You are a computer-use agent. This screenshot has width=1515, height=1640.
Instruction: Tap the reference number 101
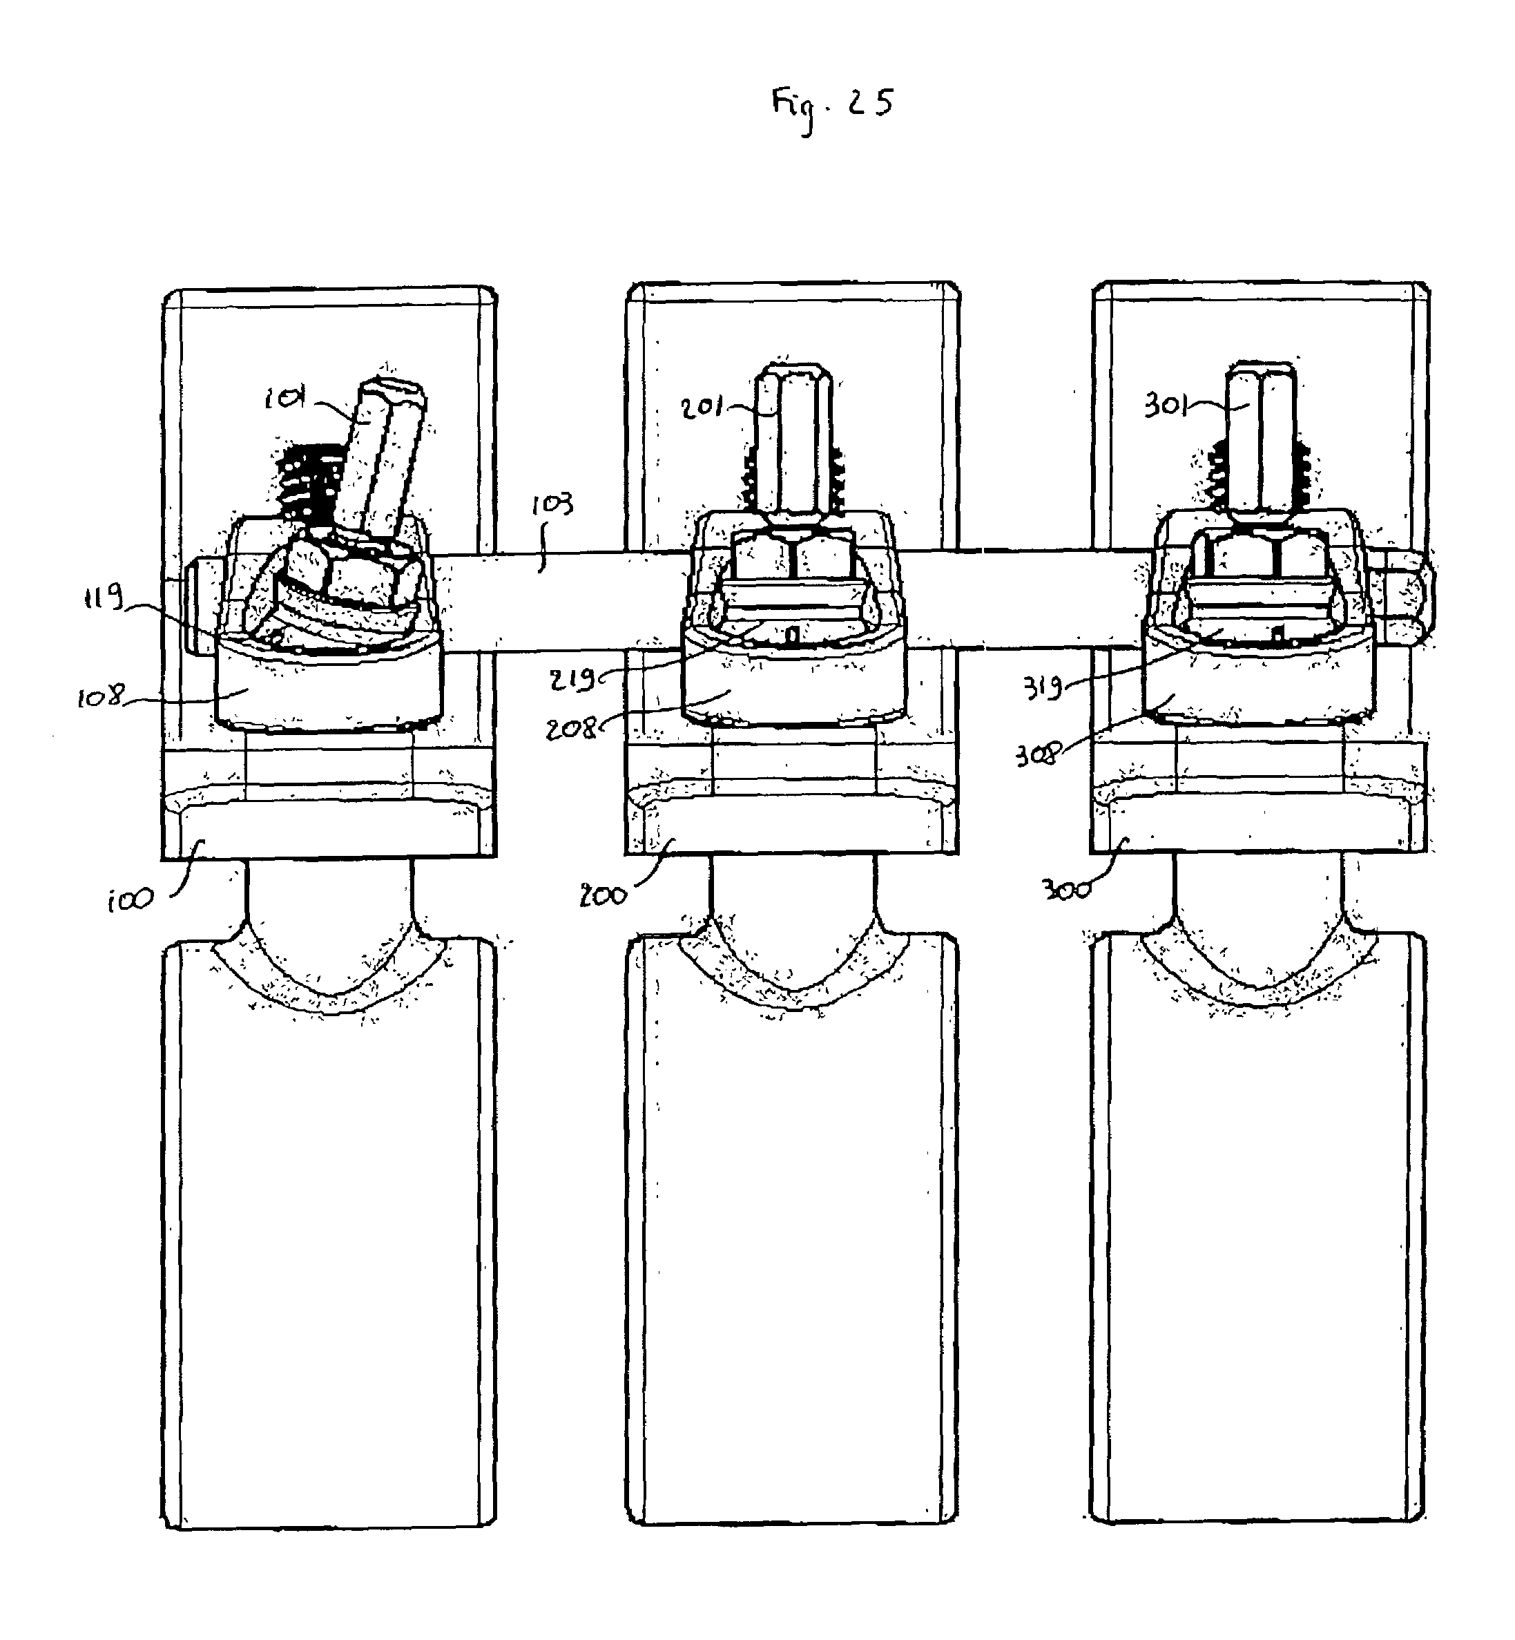[284, 399]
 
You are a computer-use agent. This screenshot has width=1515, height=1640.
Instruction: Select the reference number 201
[702, 407]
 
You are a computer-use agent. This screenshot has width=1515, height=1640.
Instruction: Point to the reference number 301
[1166, 405]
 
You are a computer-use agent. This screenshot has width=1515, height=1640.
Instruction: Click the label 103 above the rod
[552, 504]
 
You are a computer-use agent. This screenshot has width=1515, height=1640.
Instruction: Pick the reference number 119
[104, 598]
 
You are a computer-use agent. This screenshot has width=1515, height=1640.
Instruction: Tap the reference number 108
[100, 698]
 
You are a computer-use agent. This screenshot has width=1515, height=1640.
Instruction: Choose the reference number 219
[573, 679]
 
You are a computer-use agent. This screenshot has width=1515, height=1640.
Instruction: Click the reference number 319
[1042, 687]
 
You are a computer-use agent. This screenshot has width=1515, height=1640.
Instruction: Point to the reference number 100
[130, 900]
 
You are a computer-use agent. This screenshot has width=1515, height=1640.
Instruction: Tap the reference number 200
[604, 896]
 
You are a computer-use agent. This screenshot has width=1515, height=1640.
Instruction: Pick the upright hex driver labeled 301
[1261, 439]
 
